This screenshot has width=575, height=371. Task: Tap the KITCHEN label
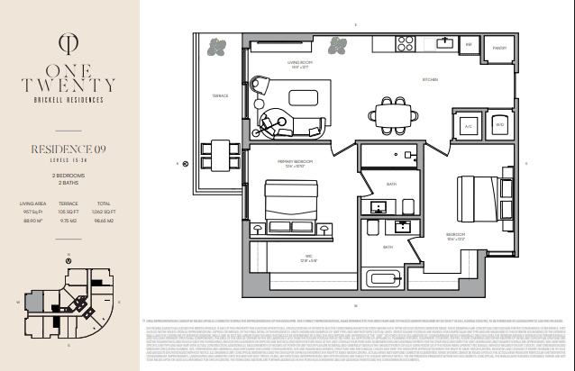431,80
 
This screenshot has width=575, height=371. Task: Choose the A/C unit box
469,126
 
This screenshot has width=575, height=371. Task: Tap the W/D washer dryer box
499,126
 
